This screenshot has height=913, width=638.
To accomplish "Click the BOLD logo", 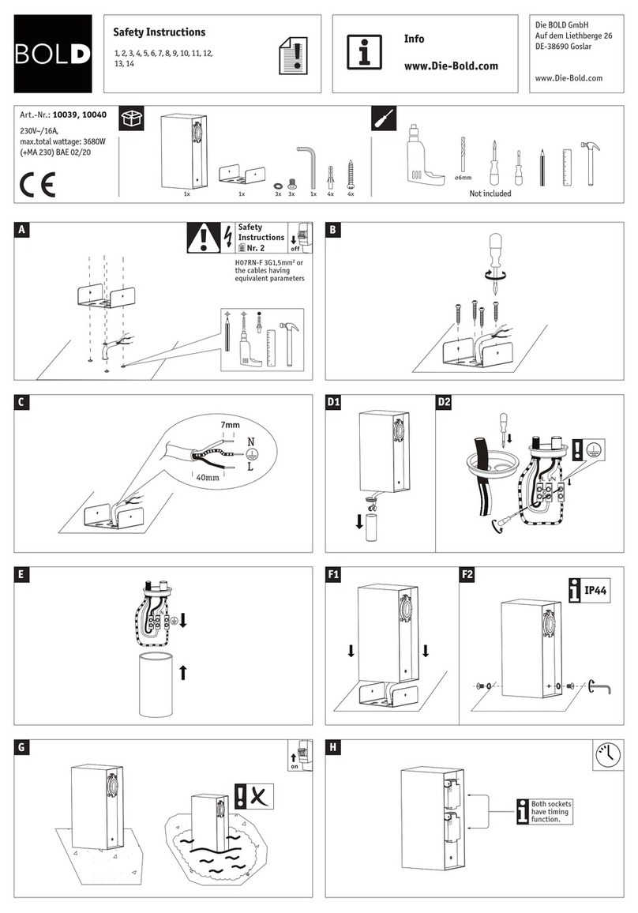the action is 53,54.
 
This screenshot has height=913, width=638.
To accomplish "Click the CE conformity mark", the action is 37,185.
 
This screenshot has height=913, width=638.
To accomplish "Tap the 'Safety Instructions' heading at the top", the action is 159,32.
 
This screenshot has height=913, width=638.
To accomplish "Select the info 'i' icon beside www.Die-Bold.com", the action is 365,52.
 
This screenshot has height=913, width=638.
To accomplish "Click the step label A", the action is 21,229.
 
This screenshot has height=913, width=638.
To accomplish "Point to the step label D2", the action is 445,402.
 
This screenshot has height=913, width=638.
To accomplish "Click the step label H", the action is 332,747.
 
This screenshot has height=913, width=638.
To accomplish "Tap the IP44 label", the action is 595,591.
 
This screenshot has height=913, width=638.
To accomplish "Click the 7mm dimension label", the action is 230,424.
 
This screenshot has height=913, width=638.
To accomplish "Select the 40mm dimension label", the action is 207,478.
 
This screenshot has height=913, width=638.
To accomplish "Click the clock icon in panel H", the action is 608,754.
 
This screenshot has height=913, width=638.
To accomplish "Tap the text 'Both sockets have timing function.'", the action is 550,811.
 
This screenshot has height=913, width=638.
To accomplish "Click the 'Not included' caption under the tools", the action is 490,193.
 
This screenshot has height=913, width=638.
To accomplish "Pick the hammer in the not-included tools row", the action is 590,163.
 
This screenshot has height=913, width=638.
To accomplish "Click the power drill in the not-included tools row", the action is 424,155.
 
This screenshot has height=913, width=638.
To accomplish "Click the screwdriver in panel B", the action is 495,261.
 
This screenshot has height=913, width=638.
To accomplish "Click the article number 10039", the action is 64,115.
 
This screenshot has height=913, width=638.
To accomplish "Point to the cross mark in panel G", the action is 261,795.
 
